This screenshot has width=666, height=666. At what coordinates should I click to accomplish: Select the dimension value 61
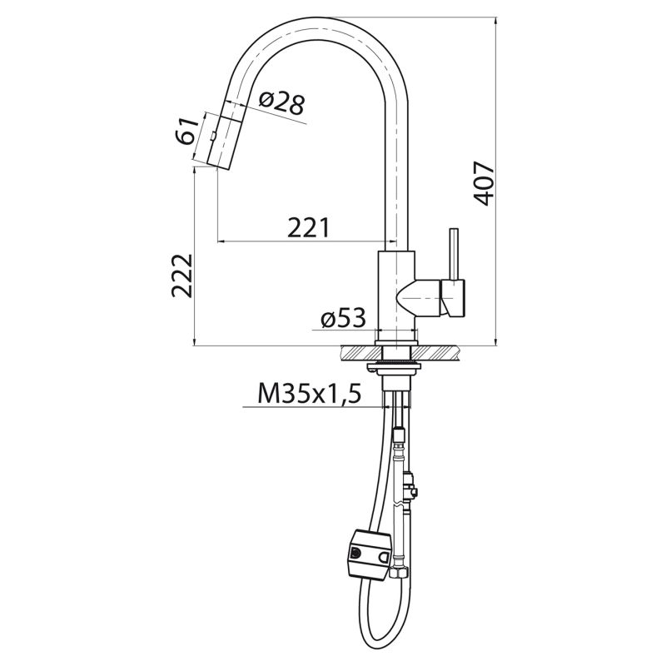click(x=189, y=132)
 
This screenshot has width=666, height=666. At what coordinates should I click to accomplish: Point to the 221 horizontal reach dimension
click(x=308, y=226)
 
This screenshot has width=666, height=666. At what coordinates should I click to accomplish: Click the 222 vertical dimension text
click(x=181, y=275)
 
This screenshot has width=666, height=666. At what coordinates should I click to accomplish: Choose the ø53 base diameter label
click(x=342, y=318)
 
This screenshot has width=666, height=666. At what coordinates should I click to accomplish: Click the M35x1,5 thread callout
click(x=309, y=393)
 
